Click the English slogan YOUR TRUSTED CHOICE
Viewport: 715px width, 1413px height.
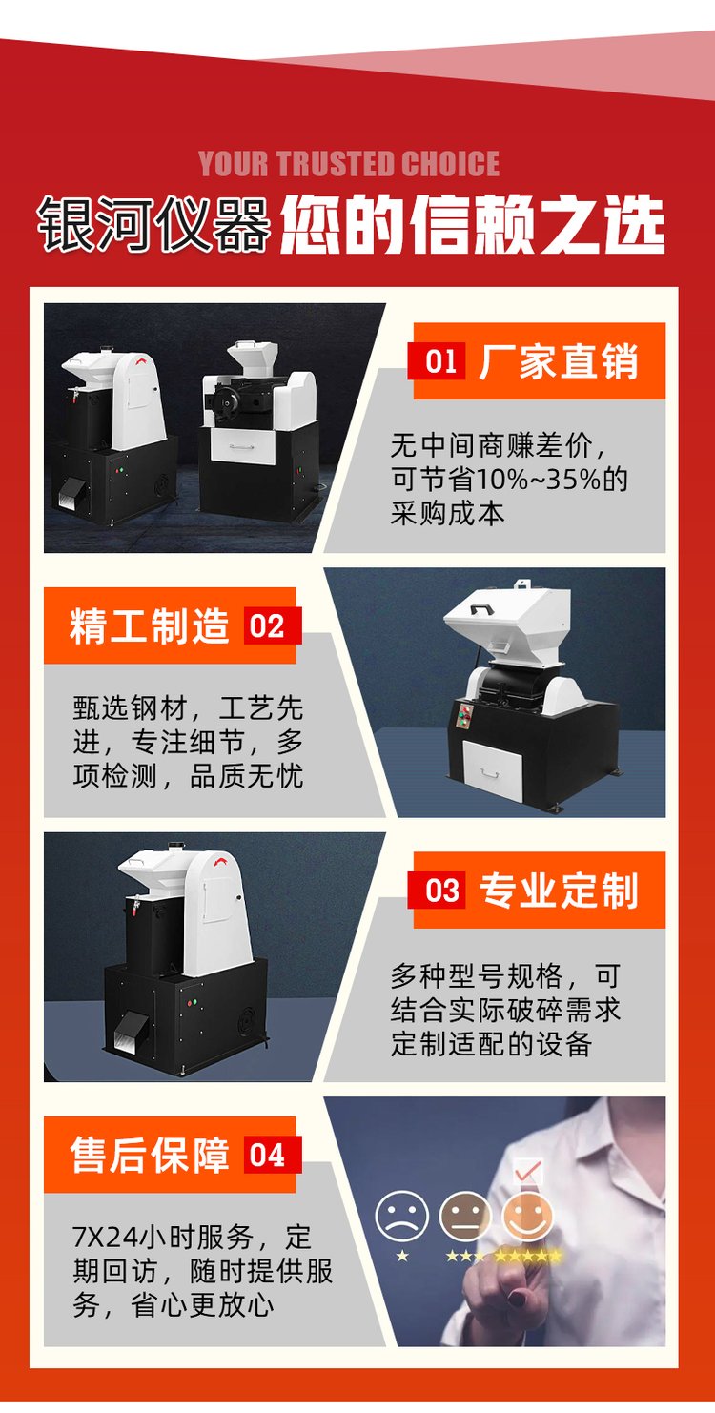pos(349,164)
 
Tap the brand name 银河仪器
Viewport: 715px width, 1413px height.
pos(154,224)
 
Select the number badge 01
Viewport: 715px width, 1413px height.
pos(440,361)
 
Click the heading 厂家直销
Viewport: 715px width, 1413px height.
pos(559,361)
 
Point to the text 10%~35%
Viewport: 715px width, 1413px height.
pos(537,480)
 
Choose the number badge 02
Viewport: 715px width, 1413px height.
pos(267,625)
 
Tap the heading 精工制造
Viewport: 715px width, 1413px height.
pos(150,625)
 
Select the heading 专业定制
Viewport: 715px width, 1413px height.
pos(559,891)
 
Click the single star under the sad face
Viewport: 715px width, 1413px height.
pos(401,1256)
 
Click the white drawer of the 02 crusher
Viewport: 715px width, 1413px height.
pos(492,770)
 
